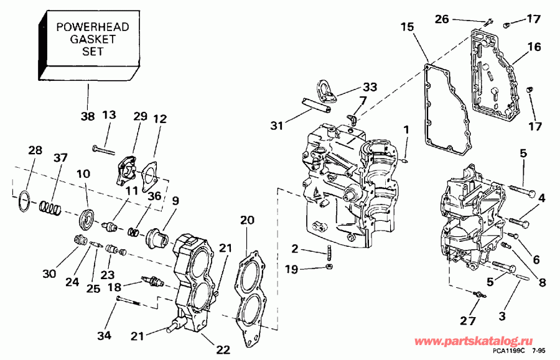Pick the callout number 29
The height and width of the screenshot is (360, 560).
tap(141, 118)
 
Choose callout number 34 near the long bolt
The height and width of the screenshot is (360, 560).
tap(104, 336)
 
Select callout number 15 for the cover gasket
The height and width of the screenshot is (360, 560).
tap(407, 27)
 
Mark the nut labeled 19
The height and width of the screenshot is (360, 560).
tap(329, 267)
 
